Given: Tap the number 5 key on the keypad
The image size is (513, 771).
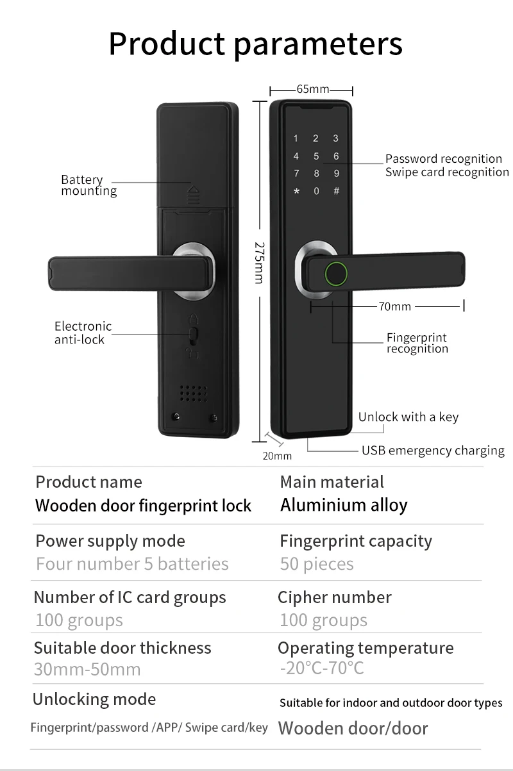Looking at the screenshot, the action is coord(316,156).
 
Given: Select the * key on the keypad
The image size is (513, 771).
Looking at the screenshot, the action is coord(296,191).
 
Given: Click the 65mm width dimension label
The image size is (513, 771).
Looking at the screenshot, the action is coord(312,89).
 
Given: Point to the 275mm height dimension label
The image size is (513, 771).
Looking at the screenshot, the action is coord(260,262).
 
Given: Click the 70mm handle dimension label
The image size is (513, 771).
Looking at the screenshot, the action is coord(394,306).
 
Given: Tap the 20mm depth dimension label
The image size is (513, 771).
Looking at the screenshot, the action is coord(277,456).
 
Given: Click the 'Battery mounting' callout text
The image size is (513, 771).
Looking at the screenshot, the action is coord(89,185).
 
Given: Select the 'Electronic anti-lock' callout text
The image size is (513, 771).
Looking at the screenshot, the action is coord(83,333).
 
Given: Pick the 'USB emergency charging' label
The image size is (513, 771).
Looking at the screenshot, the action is coord(433,451).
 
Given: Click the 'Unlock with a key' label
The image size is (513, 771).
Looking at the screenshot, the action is coord(408,417).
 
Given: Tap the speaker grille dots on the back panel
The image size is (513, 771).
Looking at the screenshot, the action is coord(193,393).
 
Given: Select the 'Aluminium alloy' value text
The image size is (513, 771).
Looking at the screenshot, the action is coord(344,505).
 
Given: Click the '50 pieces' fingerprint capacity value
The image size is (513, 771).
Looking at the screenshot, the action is coord(317,564).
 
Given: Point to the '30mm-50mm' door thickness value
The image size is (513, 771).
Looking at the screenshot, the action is coord(87,669).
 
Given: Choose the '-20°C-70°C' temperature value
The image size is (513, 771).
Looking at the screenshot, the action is coord(322,668).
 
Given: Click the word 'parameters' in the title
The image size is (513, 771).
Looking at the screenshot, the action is coord(318,44).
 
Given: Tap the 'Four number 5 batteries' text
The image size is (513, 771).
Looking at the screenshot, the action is coord(132,564).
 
